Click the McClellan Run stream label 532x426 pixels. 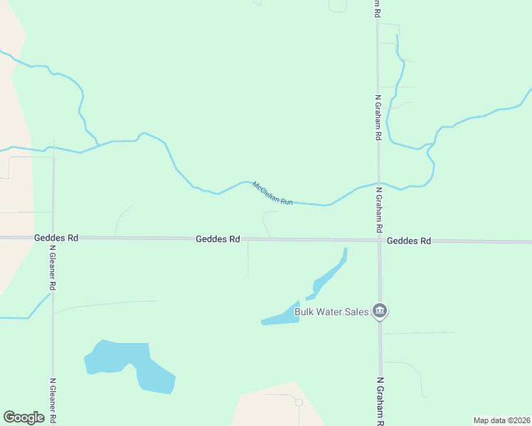tap(272, 193)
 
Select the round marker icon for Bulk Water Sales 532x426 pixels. tap(380, 310)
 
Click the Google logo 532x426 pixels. tap(23, 417)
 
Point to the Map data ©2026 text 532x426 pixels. tap(501, 420)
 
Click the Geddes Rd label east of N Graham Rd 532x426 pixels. tap(409, 241)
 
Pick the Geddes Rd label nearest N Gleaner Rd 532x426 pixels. tap(55, 239)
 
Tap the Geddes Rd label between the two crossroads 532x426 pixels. tap(218, 239)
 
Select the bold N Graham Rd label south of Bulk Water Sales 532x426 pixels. tap(380, 400)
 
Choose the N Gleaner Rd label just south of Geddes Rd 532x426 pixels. tap(53, 267)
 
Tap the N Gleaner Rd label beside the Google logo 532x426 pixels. tap(53, 400)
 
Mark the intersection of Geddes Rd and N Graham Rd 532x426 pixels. tap(379, 240)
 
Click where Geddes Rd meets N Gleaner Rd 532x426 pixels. tap(53, 238)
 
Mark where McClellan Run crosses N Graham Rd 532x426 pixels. tap(378, 184)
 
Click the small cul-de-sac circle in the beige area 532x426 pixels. tap(298, 402)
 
